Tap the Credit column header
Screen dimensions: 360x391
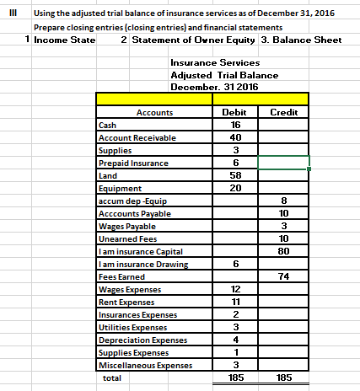tap(283, 112)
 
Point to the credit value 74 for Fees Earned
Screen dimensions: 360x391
tap(283, 276)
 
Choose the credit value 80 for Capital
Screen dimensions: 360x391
tap(283, 251)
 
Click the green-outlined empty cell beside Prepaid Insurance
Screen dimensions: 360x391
tap(283, 163)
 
